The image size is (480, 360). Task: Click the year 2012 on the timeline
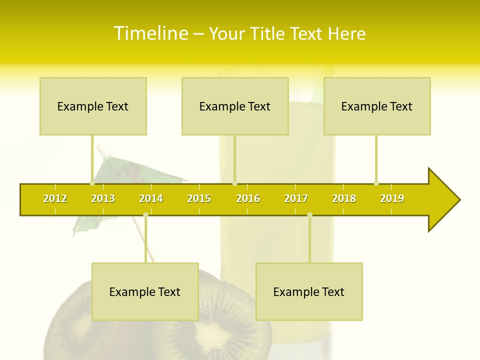click(55, 199)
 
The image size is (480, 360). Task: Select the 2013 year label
click(103, 199)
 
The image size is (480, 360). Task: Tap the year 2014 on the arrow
click(151, 199)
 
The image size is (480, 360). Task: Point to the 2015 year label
click(199, 199)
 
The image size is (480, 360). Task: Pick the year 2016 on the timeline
click(248, 199)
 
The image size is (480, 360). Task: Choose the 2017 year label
click(296, 199)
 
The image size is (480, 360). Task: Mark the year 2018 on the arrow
click(344, 199)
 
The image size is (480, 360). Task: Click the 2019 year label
click(392, 199)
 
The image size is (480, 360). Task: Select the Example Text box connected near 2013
click(93, 106)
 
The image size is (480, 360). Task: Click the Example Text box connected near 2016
click(235, 106)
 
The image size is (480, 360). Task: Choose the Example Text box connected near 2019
click(377, 106)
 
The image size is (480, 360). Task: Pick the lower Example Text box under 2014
click(145, 292)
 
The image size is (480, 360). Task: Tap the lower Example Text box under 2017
click(309, 292)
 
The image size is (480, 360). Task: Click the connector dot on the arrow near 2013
click(92, 183)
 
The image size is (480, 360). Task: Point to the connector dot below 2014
click(145, 215)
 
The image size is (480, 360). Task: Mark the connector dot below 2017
click(309, 215)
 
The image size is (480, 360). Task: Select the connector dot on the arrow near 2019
click(376, 183)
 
